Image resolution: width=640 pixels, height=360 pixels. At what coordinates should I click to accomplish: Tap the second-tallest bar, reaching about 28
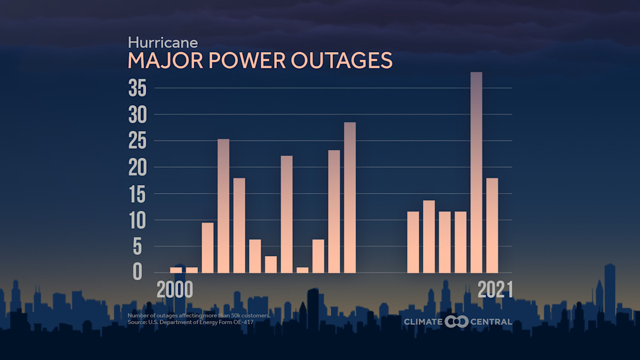tap(350, 197)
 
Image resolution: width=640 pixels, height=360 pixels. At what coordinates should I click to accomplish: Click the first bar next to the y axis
tap(176, 270)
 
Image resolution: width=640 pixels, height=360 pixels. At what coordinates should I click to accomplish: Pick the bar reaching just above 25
tap(223, 205)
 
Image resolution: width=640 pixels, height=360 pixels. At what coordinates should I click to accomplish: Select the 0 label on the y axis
tap(138, 273)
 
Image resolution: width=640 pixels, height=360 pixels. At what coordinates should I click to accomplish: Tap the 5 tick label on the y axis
tap(139, 246)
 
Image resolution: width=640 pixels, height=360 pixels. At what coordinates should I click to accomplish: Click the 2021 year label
tap(494, 290)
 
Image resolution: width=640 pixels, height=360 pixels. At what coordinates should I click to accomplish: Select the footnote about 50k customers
tap(199, 316)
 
